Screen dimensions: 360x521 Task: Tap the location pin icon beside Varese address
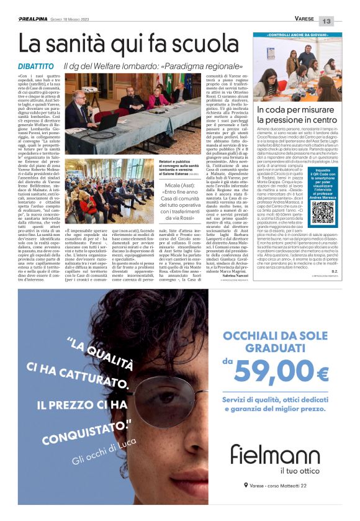pyautogui.click(x=246, y=484)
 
